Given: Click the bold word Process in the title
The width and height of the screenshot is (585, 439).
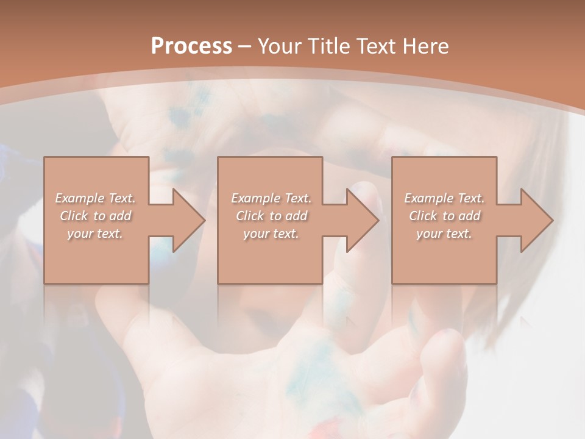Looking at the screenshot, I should (x=191, y=46).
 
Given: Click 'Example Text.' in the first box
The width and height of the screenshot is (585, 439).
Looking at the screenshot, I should (x=95, y=198).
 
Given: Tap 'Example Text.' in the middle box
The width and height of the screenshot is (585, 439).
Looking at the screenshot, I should (x=271, y=198).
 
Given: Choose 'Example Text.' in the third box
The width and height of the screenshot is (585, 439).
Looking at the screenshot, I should (x=444, y=198).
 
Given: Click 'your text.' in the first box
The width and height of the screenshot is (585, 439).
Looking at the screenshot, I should (x=95, y=234).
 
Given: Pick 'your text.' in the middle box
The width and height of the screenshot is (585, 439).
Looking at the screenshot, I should (x=271, y=234).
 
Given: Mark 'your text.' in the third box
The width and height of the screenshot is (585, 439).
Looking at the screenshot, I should (x=444, y=234).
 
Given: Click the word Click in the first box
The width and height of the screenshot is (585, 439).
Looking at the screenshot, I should (x=74, y=216).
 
